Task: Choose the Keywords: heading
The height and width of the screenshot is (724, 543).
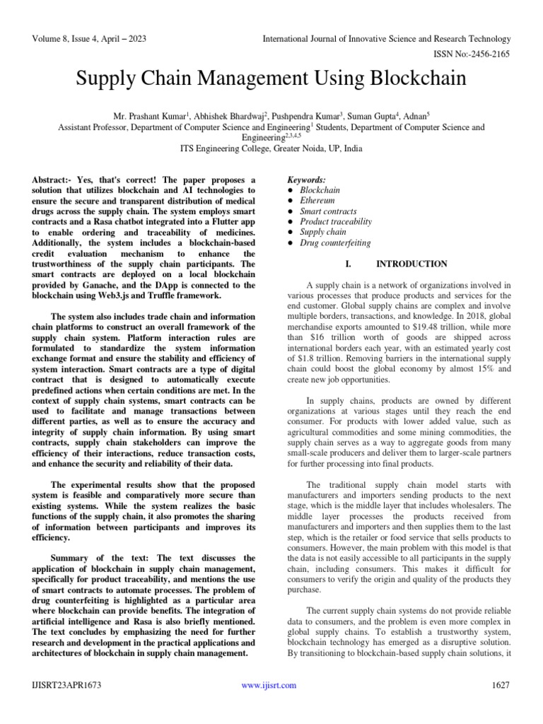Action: click(x=308, y=180)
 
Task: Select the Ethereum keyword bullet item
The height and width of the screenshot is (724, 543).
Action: click(x=317, y=201)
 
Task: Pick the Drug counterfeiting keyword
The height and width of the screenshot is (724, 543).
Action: click(x=335, y=243)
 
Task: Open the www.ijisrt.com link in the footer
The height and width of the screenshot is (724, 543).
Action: click(x=269, y=685)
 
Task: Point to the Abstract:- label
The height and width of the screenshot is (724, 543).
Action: click(x=56, y=181)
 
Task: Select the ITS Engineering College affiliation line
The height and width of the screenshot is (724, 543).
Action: click(x=271, y=149)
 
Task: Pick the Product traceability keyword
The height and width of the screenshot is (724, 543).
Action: click(x=335, y=221)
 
